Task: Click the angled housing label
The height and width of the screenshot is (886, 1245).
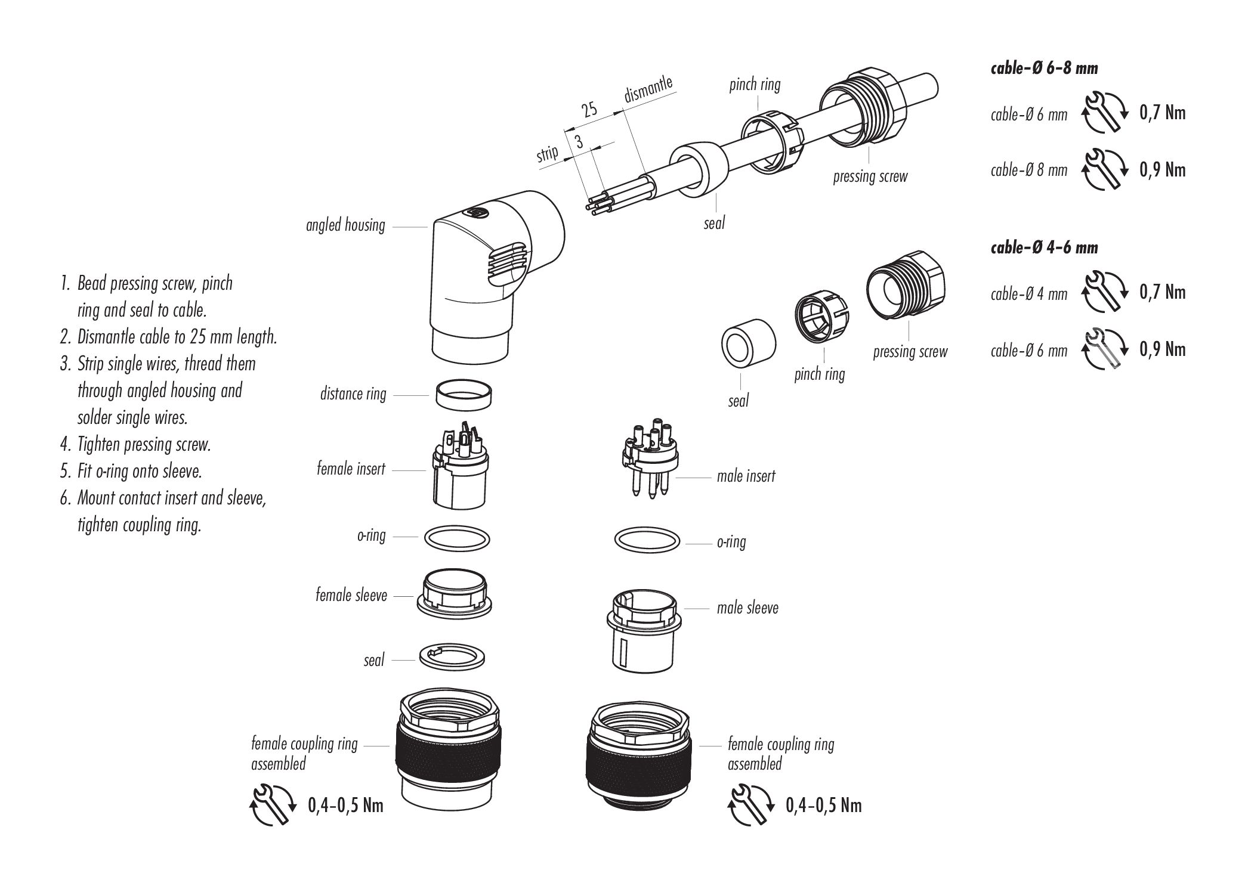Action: tap(345, 225)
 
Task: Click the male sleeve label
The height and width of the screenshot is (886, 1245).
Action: tap(747, 608)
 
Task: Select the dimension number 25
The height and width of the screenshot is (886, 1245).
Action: tap(589, 110)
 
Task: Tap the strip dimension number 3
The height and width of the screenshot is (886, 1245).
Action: tap(578, 142)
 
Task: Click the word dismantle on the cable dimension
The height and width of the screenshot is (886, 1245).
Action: tap(648, 89)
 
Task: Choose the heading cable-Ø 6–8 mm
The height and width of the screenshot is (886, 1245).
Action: tap(1044, 69)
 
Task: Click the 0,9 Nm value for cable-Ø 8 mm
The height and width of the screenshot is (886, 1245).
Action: tap(1162, 171)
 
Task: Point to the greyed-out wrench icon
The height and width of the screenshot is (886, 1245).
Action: tap(1103, 349)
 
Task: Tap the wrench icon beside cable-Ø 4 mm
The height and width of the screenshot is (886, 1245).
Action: tap(1103, 292)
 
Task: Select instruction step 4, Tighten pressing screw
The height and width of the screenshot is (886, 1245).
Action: tap(144, 445)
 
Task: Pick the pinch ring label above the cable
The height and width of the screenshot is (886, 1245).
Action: tap(755, 85)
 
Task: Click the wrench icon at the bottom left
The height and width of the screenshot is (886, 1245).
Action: tap(272, 806)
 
